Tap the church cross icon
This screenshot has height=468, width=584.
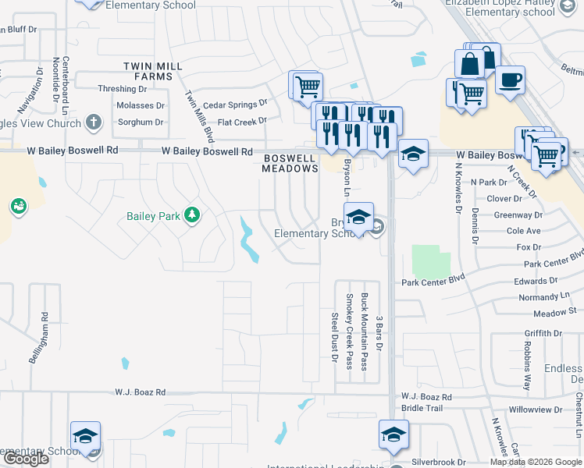pos(93,122)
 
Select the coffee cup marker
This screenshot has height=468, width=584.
pos(510,80)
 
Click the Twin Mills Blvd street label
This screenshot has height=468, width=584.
pos(199,115)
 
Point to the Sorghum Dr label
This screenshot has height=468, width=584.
pos(140,122)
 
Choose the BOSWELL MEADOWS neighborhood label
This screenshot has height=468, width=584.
pos(290,163)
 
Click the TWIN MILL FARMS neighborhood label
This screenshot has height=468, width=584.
pos(148,72)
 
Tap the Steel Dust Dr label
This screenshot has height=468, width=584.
pos(334,337)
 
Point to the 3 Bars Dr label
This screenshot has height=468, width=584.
pos(379,333)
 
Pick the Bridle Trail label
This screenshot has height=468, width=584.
pos(422,408)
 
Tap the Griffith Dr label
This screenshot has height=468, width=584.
pos(544,333)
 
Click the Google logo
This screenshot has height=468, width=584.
pos(25,459)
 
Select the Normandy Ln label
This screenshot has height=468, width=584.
pos(539,297)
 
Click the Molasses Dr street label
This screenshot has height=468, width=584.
pos(140,105)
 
